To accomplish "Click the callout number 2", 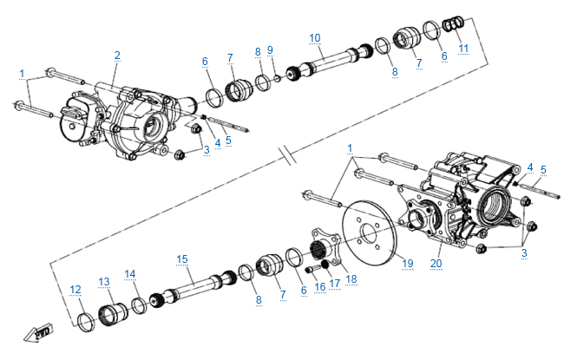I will pos(117,55).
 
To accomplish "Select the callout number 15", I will pos(182,259).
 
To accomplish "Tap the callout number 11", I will pos(463,47).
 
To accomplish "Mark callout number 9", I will pos(270,49).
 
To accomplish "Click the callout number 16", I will pos(320,285).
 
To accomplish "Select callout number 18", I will pos(351,278).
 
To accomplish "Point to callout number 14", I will pos(130,274).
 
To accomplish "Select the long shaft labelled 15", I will pos(196,287).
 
